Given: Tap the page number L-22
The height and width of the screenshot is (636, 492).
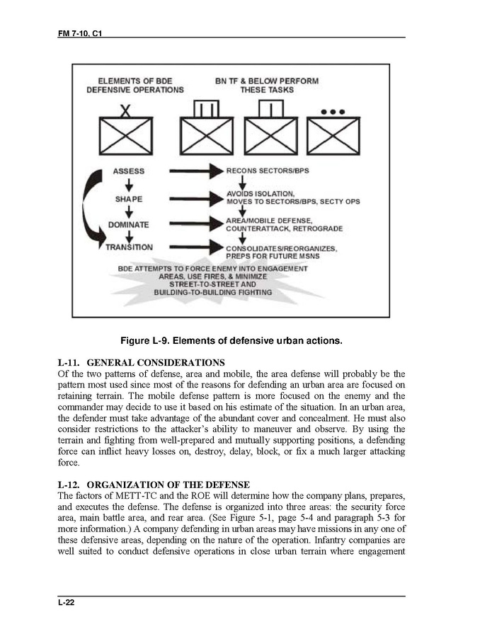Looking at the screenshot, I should [x=68, y=602].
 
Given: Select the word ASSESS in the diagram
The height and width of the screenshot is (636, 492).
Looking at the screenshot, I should [x=129, y=170].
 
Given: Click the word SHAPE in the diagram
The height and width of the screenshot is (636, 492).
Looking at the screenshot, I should [x=129, y=199].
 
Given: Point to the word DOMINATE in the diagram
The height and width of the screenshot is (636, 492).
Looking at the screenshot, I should [x=128, y=225].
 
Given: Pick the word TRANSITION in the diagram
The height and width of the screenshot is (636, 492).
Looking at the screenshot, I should [x=129, y=247].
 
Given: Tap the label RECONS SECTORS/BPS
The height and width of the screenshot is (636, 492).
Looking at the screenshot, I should [x=268, y=171].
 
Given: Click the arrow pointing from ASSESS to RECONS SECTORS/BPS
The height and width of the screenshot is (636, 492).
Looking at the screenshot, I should [x=193, y=171].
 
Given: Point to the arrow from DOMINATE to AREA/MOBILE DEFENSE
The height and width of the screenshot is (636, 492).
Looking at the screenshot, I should [x=193, y=224].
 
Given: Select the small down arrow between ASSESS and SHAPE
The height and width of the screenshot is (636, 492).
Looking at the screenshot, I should [x=129, y=185].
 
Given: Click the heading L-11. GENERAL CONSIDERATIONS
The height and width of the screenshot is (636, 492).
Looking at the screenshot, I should [x=142, y=363].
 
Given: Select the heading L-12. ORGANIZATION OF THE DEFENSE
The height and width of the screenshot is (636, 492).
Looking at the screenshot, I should [x=154, y=485].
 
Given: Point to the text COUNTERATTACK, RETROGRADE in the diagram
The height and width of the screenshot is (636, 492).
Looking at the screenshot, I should [x=284, y=229].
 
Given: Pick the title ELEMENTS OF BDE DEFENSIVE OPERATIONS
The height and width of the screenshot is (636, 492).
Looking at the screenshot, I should [x=135, y=85].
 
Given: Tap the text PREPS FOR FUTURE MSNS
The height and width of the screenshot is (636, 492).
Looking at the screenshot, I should [x=273, y=255].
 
